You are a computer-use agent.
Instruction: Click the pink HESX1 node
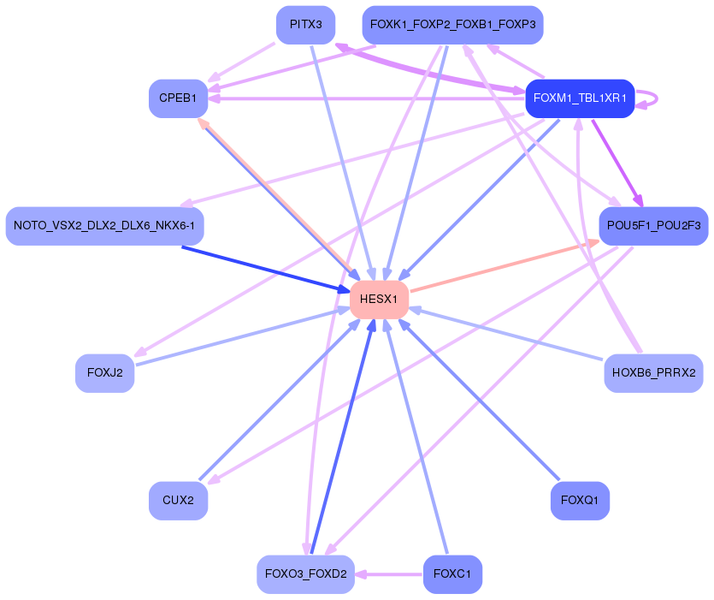pos(379,300)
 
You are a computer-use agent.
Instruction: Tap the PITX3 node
pos(305,25)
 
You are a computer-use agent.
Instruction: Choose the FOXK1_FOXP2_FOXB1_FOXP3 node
pos(452,25)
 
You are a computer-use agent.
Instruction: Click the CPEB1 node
pos(178,98)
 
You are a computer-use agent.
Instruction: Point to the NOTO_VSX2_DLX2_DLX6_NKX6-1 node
pos(104,226)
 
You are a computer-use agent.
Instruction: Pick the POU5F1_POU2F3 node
pos(653,226)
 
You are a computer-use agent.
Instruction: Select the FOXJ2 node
pos(104,373)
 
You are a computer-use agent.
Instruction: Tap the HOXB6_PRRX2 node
pos(653,373)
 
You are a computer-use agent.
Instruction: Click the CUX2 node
pos(178,500)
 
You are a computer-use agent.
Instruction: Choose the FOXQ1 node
pos(580,500)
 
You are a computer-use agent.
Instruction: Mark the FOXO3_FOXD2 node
pos(305,574)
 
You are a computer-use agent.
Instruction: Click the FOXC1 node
pos(452,574)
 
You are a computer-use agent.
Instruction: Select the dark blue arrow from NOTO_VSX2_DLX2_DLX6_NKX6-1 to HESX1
pos(265,269)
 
